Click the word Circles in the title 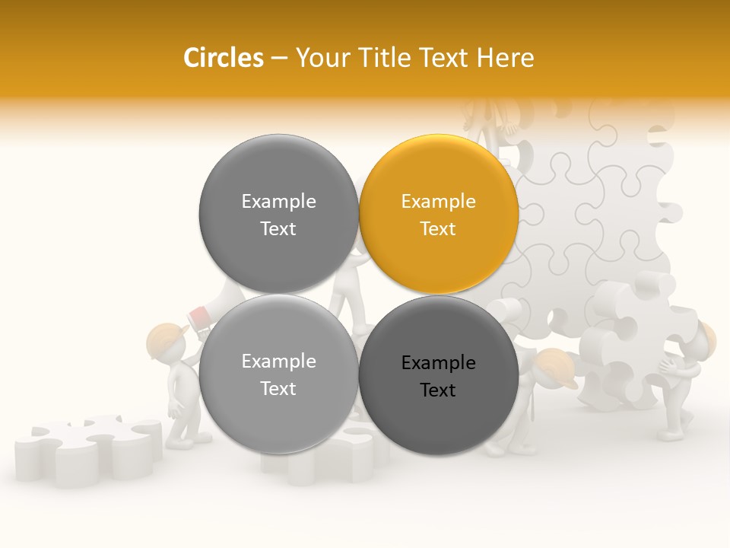tap(223, 58)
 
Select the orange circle tap(439, 215)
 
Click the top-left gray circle tap(278, 215)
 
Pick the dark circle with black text tap(439, 375)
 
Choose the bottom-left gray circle tap(278, 375)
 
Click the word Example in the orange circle tap(439, 202)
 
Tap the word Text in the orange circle tap(439, 229)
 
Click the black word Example tap(439, 363)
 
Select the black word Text tap(439, 390)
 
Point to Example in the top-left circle tap(278, 202)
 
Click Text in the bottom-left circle tap(278, 389)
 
